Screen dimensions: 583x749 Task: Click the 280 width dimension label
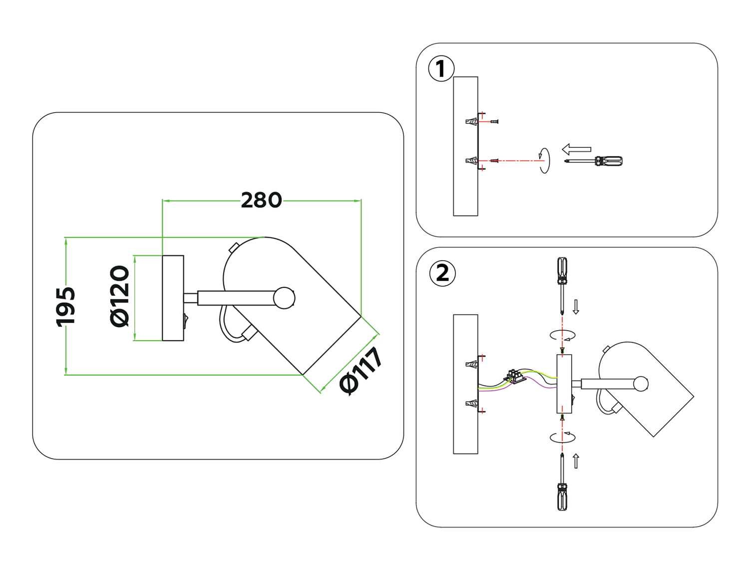[261, 200]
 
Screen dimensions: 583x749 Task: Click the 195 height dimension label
[65, 306]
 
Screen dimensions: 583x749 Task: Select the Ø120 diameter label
[120, 296]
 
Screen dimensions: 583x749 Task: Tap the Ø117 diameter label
[361, 371]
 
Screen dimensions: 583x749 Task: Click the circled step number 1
[441, 69]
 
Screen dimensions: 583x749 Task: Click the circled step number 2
[442, 273]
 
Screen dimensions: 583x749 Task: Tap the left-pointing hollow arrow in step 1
[577, 149]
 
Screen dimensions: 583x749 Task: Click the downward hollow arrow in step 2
[576, 307]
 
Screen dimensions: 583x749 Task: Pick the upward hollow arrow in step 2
[576, 461]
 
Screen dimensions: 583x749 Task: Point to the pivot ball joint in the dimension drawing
[284, 298]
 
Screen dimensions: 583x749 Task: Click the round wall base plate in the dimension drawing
[173, 298]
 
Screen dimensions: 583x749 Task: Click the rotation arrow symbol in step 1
[544, 160]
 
